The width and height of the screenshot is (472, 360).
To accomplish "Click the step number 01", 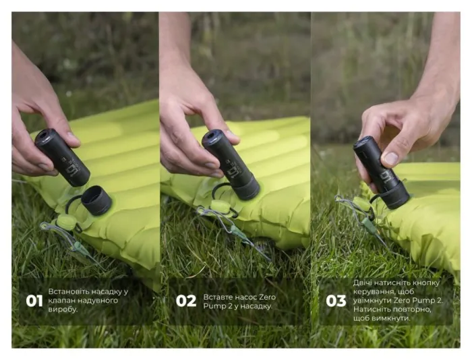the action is click(x=34, y=301).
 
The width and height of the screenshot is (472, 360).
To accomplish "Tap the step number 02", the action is click(x=185, y=301).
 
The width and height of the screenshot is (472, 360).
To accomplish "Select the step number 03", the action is click(x=336, y=301).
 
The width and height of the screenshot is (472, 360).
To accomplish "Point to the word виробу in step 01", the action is click(x=63, y=309).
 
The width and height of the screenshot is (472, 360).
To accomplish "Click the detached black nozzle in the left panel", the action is click(x=96, y=200).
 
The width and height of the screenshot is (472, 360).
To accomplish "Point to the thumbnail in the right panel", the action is click(x=391, y=158).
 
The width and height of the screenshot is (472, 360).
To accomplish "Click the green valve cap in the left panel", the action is click(x=65, y=222).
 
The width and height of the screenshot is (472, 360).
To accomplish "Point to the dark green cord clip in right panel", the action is click(x=369, y=225).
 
